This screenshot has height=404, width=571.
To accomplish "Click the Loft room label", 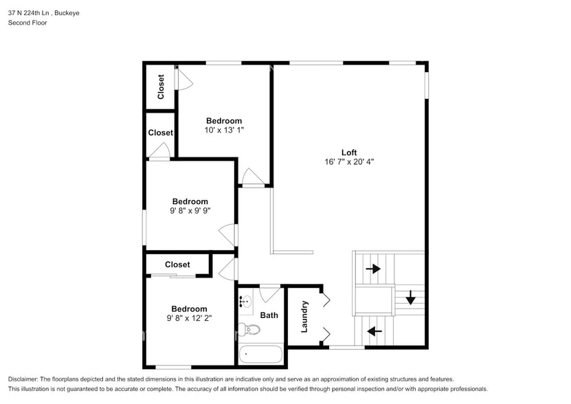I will point(350,153).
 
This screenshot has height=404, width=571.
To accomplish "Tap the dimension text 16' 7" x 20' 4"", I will point(350,162).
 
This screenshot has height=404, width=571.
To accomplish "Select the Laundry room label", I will point(304,316).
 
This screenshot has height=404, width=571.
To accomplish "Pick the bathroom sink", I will point(246,300).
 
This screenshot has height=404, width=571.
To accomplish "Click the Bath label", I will point(269,315).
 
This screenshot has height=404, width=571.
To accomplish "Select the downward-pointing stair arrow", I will point(410,298).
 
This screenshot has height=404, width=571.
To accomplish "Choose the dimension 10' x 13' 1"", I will point(224,130).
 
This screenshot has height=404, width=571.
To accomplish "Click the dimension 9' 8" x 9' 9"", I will point(190,211).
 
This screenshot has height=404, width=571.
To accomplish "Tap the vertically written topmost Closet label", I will point(161,87).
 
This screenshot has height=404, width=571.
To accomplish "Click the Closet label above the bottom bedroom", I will point(177,265).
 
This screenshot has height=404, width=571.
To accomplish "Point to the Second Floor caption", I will point(27,23).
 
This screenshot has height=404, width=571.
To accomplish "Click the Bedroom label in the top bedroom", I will point(224,121).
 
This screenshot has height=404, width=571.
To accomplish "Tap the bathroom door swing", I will point(270,293).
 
